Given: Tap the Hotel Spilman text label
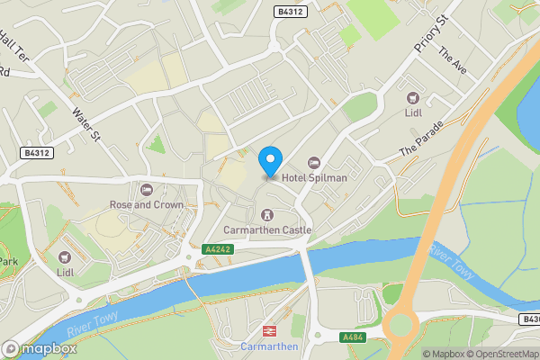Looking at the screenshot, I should point(315,177).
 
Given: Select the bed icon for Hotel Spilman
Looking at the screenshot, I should point(314,162).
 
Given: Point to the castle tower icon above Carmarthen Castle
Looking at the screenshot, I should point(266,214).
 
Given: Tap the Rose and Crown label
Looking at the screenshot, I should point(147,204).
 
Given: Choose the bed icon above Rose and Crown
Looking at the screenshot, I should point(147,189).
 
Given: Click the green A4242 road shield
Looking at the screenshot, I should point(218,248).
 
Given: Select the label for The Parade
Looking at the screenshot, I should point(422,138).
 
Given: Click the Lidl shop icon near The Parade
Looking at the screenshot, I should point(413,97).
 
